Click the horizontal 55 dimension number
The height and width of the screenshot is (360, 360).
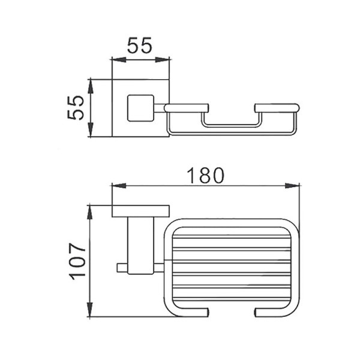(x=140, y=45)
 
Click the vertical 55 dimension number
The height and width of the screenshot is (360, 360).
(x=76, y=107)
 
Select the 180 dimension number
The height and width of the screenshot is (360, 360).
(x=205, y=176)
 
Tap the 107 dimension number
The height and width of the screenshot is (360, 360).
(x=77, y=261)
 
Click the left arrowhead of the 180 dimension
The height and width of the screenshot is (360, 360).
(x=119, y=185)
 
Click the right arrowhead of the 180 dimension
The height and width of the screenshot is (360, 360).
(x=292, y=185)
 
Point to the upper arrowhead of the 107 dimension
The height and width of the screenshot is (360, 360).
(x=90, y=213)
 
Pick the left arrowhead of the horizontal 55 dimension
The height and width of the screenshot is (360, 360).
(x=119, y=60)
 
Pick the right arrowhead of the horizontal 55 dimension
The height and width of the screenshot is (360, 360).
(x=163, y=60)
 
